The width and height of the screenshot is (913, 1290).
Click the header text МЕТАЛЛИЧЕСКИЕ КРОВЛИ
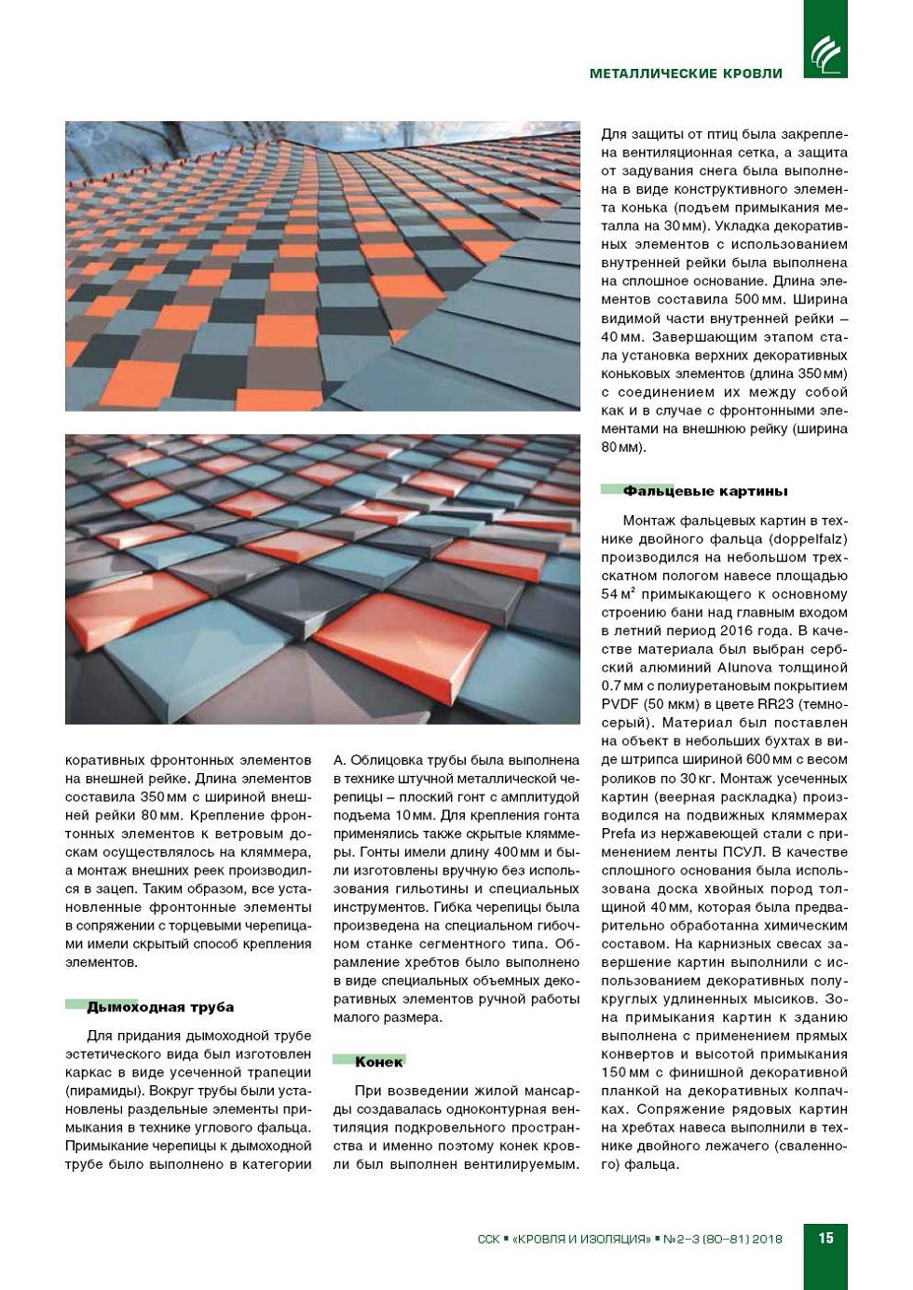pyautogui.click(x=686, y=74)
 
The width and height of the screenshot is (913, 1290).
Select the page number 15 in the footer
pyautogui.click(x=825, y=1238)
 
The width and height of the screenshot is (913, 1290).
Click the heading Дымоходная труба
pyautogui.click(x=160, y=1007)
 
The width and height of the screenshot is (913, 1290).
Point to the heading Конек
pyautogui.click(x=379, y=1062)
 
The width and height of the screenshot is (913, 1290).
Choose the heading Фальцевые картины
pyautogui.click(x=705, y=491)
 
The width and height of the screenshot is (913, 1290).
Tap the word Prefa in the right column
pyautogui.click(x=619, y=834)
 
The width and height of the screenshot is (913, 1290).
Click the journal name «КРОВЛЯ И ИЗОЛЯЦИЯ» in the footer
pyautogui.click(x=581, y=1239)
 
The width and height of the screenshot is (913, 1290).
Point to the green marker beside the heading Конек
pyautogui.click(x=344, y=1060)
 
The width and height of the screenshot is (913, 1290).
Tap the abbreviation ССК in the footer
pyautogui.click(x=488, y=1239)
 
